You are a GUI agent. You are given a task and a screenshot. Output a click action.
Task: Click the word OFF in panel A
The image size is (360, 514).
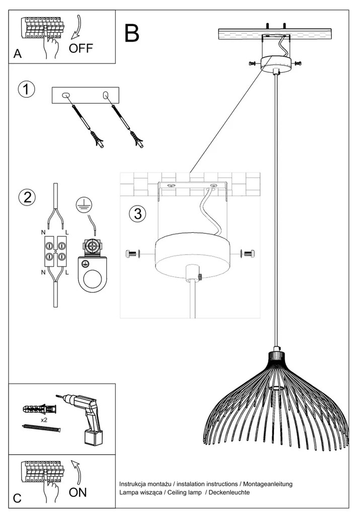[x=81, y=48]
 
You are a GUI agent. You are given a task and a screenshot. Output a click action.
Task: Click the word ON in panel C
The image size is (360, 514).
[x=78, y=492]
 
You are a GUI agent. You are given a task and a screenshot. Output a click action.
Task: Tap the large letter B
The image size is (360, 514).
[x=132, y=33]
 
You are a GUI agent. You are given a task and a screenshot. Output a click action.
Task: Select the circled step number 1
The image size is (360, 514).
[x=27, y=89]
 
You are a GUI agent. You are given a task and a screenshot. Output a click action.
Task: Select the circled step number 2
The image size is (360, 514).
[x=27, y=198]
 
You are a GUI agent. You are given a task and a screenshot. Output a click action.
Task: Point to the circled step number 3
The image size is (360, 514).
[x=137, y=213]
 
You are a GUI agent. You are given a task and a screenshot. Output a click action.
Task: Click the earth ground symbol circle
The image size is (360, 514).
[x=82, y=205]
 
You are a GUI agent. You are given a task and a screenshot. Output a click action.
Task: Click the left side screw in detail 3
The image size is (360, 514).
[x=132, y=253]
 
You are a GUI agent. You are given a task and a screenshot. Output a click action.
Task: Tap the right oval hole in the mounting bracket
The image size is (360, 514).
[x=105, y=95]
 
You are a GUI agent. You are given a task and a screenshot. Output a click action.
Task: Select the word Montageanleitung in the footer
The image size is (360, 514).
[x=268, y=484]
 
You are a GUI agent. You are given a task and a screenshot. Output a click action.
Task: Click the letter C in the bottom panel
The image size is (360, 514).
[x=17, y=498]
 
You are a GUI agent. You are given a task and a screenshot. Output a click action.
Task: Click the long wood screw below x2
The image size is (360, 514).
[x=41, y=428]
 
